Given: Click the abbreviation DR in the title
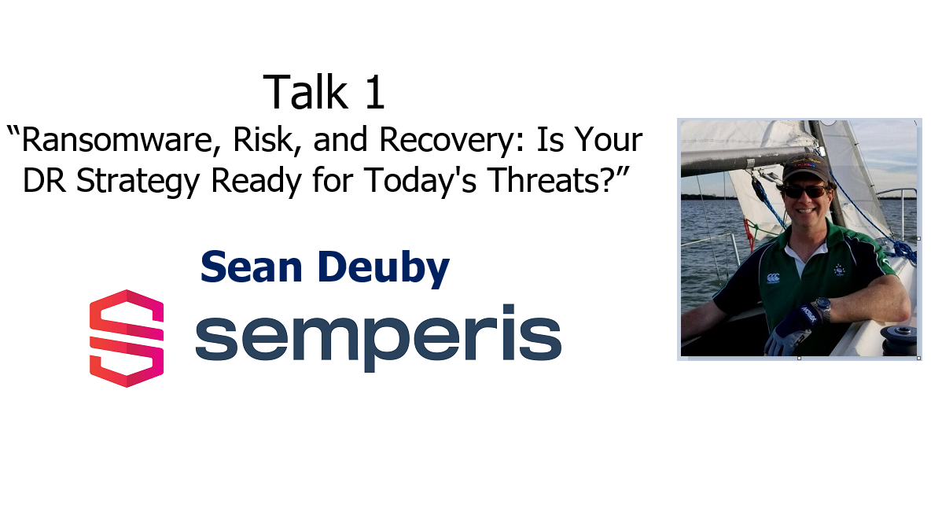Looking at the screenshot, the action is click(44, 180).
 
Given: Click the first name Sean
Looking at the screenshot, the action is click(251, 267).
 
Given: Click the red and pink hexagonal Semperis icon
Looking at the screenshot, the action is click(127, 338).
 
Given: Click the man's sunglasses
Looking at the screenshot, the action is click(805, 191).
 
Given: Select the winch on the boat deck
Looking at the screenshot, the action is click(899, 340).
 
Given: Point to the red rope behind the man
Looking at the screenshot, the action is click(749, 234).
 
